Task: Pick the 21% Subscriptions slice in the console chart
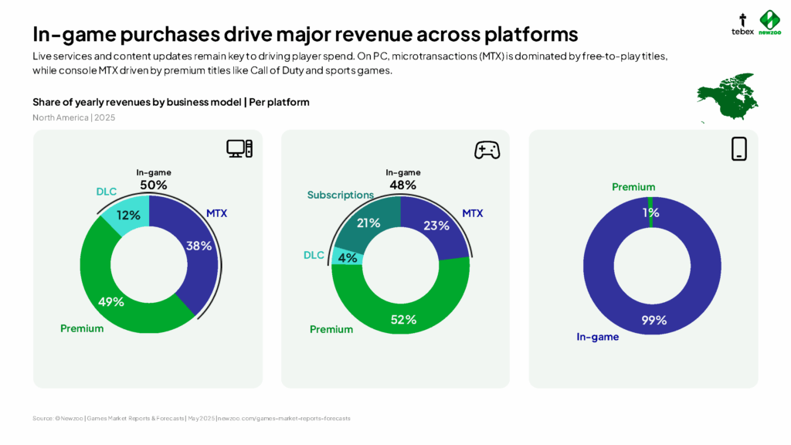click(x=369, y=223)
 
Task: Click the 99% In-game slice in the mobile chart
click(x=654, y=320)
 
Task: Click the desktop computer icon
click(x=239, y=149)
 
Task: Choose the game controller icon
click(x=487, y=150)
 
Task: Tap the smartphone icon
click(x=739, y=148)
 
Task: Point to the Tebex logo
click(x=742, y=24)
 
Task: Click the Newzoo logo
click(x=769, y=23)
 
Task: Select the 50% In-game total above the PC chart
click(x=152, y=185)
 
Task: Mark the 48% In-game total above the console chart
click(x=402, y=185)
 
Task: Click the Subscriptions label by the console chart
click(x=341, y=195)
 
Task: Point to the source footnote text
click(x=191, y=418)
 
